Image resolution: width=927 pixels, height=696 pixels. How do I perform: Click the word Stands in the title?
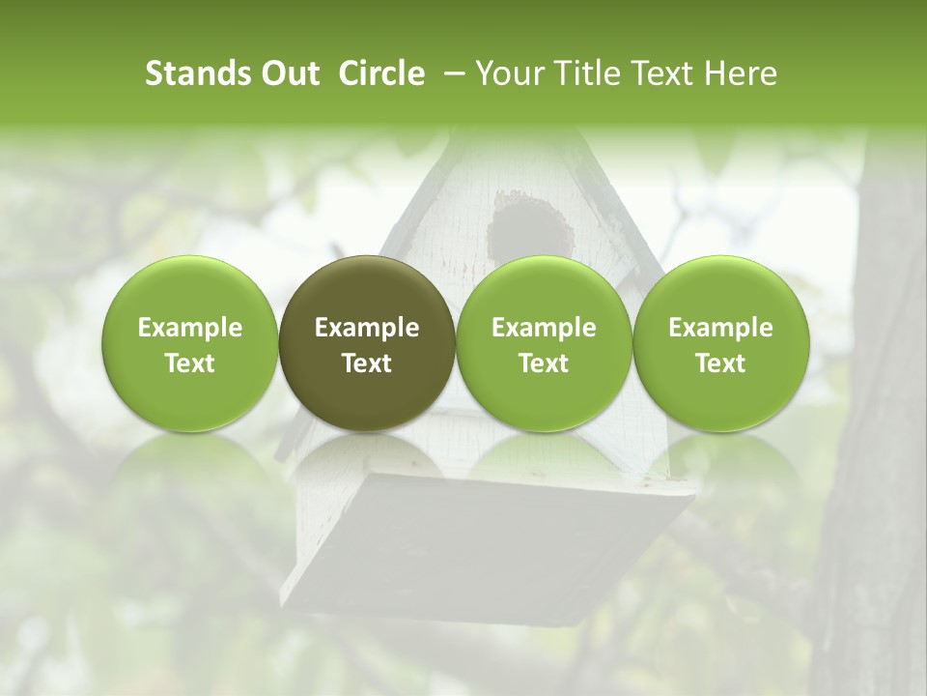click(199, 73)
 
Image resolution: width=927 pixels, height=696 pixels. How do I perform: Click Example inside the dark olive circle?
click(367, 328)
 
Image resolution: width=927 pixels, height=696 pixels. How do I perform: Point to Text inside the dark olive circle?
click(367, 362)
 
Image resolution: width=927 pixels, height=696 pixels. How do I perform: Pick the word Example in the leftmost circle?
click(190, 328)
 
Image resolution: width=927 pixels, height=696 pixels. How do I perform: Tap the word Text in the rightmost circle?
click(720, 362)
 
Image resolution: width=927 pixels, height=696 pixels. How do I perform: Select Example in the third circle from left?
click(544, 328)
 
